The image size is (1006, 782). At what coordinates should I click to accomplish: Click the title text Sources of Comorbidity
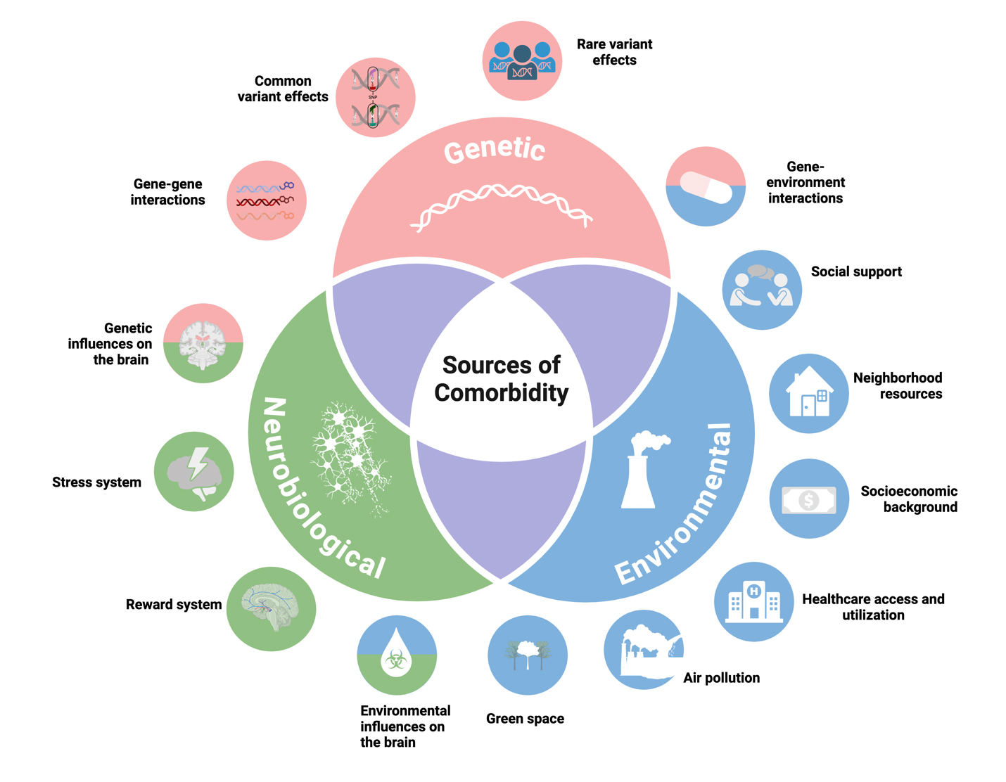click(x=501, y=378)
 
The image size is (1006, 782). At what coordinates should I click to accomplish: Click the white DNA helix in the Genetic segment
click(x=501, y=205)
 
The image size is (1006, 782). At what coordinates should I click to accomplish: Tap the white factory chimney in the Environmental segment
click(x=642, y=470)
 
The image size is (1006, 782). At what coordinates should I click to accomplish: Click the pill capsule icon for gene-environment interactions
click(x=706, y=186)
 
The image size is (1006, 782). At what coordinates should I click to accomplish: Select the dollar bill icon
click(x=809, y=500)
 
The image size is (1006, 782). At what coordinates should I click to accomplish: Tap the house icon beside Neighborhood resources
click(x=809, y=392)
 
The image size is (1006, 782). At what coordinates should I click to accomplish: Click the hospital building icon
click(x=753, y=601)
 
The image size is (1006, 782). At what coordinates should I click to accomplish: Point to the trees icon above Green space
click(x=527, y=655)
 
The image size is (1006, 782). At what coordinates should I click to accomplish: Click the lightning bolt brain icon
click(x=195, y=471)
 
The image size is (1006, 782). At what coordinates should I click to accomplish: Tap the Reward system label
click(x=174, y=605)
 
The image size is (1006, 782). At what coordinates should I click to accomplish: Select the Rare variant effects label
click(x=614, y=52)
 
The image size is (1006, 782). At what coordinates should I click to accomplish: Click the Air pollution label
click(x=721, y=678)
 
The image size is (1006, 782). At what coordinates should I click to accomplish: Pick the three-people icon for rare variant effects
click(x=522, y=61)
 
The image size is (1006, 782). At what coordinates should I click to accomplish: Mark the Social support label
click(x=855, y=272)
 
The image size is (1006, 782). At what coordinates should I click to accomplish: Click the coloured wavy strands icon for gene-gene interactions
click(x=266, y=201)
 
